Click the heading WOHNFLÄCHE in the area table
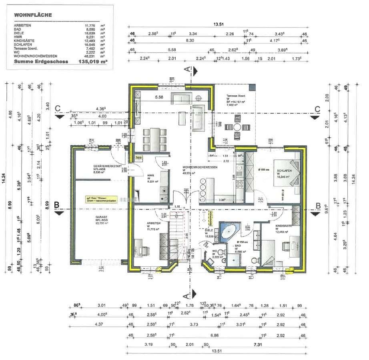click(33, 15)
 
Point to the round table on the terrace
click(238, 127)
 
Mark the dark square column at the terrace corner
click(251, 87)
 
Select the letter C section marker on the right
click(317, 109)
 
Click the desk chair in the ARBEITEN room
click(144, 251)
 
